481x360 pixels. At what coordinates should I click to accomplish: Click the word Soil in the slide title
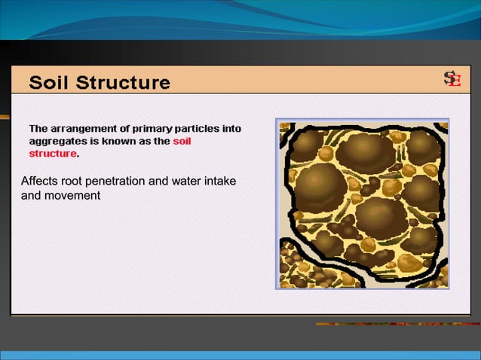pyautogui.click(x=49, y=82)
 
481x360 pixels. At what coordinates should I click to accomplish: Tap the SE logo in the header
pyautogui.click(x=452, y=80)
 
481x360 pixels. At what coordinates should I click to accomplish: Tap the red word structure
pyautogui.click(x=53, y=154)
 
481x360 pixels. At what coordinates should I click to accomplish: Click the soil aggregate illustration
pyautogui.click(x=362, y=204)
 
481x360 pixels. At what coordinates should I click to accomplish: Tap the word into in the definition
pyautogui.click(x=231, y=128)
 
